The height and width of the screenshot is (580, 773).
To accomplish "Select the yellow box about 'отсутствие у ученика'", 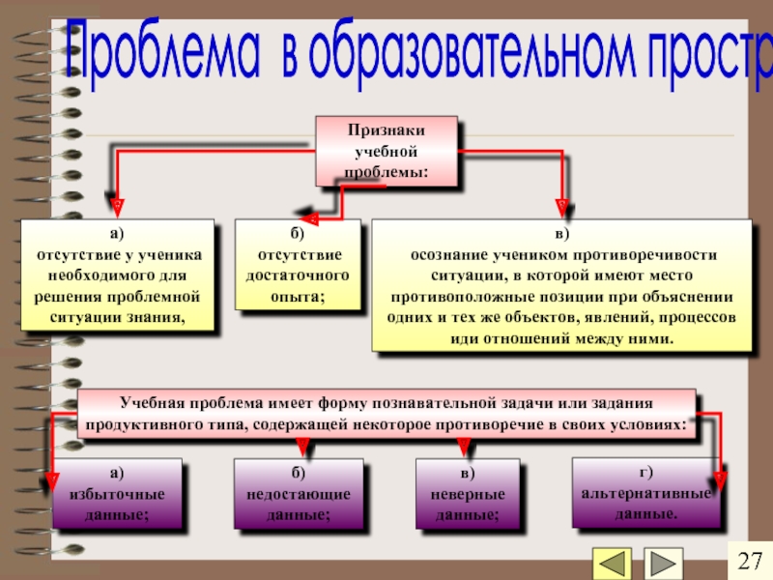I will [119, 276].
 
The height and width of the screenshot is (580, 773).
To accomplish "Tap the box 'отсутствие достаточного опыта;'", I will [299, 266].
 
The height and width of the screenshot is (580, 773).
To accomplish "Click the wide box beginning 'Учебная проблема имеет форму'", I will [386, 414].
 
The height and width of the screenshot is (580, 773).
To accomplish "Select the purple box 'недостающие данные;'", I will [299, 494].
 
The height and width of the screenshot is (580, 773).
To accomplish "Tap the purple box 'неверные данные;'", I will [468, 494].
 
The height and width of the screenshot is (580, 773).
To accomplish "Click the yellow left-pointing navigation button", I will [612, 564].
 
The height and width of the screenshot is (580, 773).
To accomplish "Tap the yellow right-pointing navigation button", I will [662, 564].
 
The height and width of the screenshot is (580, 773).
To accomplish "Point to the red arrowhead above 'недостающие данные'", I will [301, 446].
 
